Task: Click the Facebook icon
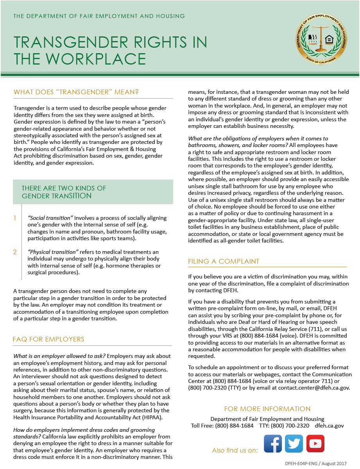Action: (273, 444)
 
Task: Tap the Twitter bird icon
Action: (294, 444)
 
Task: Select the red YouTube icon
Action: (315, 444)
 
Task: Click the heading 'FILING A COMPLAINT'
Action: (224, 261)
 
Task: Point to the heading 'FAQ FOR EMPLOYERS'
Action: (48, 339)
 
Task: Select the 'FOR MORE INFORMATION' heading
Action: (267, 409)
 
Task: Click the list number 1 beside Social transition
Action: (15, 218)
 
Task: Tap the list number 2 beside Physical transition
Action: (15, 252)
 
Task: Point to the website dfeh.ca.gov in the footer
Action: (329, 426)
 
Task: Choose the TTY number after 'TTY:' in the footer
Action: (290, 426)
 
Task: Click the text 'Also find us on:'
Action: (235, 450)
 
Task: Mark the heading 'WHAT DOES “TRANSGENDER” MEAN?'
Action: (76, 92)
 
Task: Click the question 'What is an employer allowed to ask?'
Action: (59, 356)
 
